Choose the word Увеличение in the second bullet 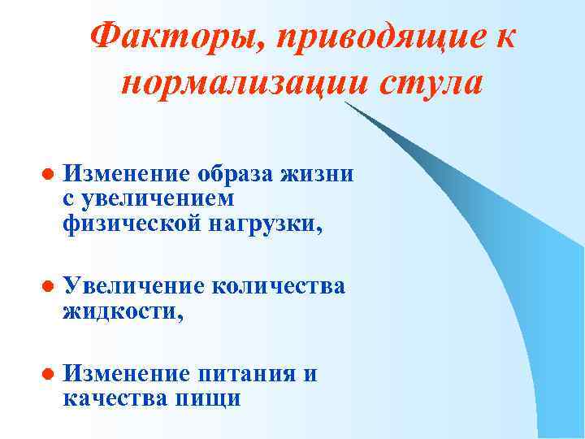(x=134, y=286)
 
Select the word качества (x=112, y=398)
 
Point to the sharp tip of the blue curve (x=345, y=104)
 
